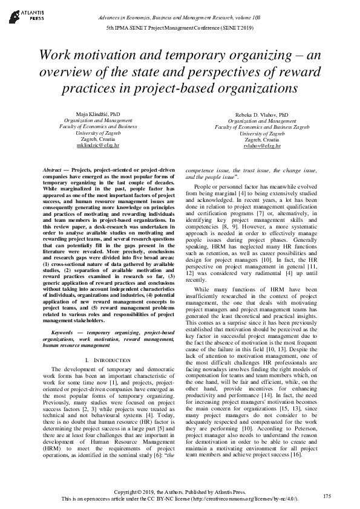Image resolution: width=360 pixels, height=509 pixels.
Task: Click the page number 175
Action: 327,496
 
